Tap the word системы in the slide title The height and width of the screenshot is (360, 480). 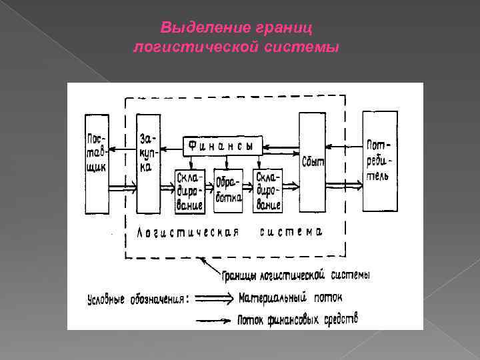307,47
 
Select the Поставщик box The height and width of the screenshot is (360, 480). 96,163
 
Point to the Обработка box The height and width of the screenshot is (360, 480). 228,189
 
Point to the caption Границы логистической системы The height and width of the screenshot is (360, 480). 296,274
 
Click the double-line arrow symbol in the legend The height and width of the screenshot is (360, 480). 213,298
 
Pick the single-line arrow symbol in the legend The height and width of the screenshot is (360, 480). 213,320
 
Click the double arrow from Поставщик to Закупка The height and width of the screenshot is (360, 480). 121,189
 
